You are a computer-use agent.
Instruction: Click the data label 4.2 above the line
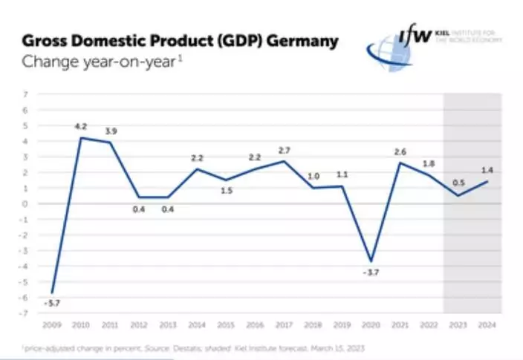[x=81, y=127]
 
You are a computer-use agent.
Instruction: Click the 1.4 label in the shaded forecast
[x=487, y=171]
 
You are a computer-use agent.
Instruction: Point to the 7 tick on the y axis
[x=26, y=94]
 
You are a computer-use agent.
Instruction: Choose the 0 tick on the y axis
[x=26, y=203]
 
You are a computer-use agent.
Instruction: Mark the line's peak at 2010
[x=81, y=138]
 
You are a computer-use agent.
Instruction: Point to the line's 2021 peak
[x=400, y=163]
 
